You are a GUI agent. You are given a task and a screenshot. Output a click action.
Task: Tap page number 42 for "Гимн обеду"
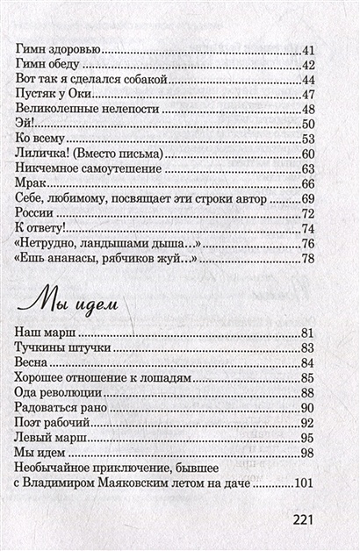pyautogui.click(x=307, y=66)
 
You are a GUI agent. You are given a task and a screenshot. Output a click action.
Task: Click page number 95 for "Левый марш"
pyautogui.click(x=307, y=437)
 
